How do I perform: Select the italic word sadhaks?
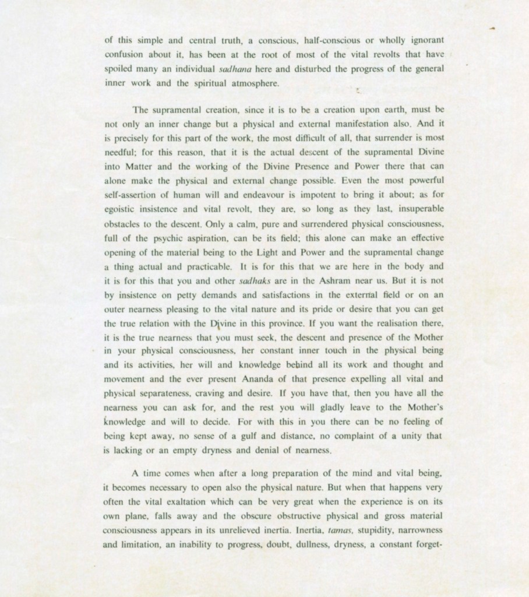click(255, 282)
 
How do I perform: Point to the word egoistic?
click(122, 209)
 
